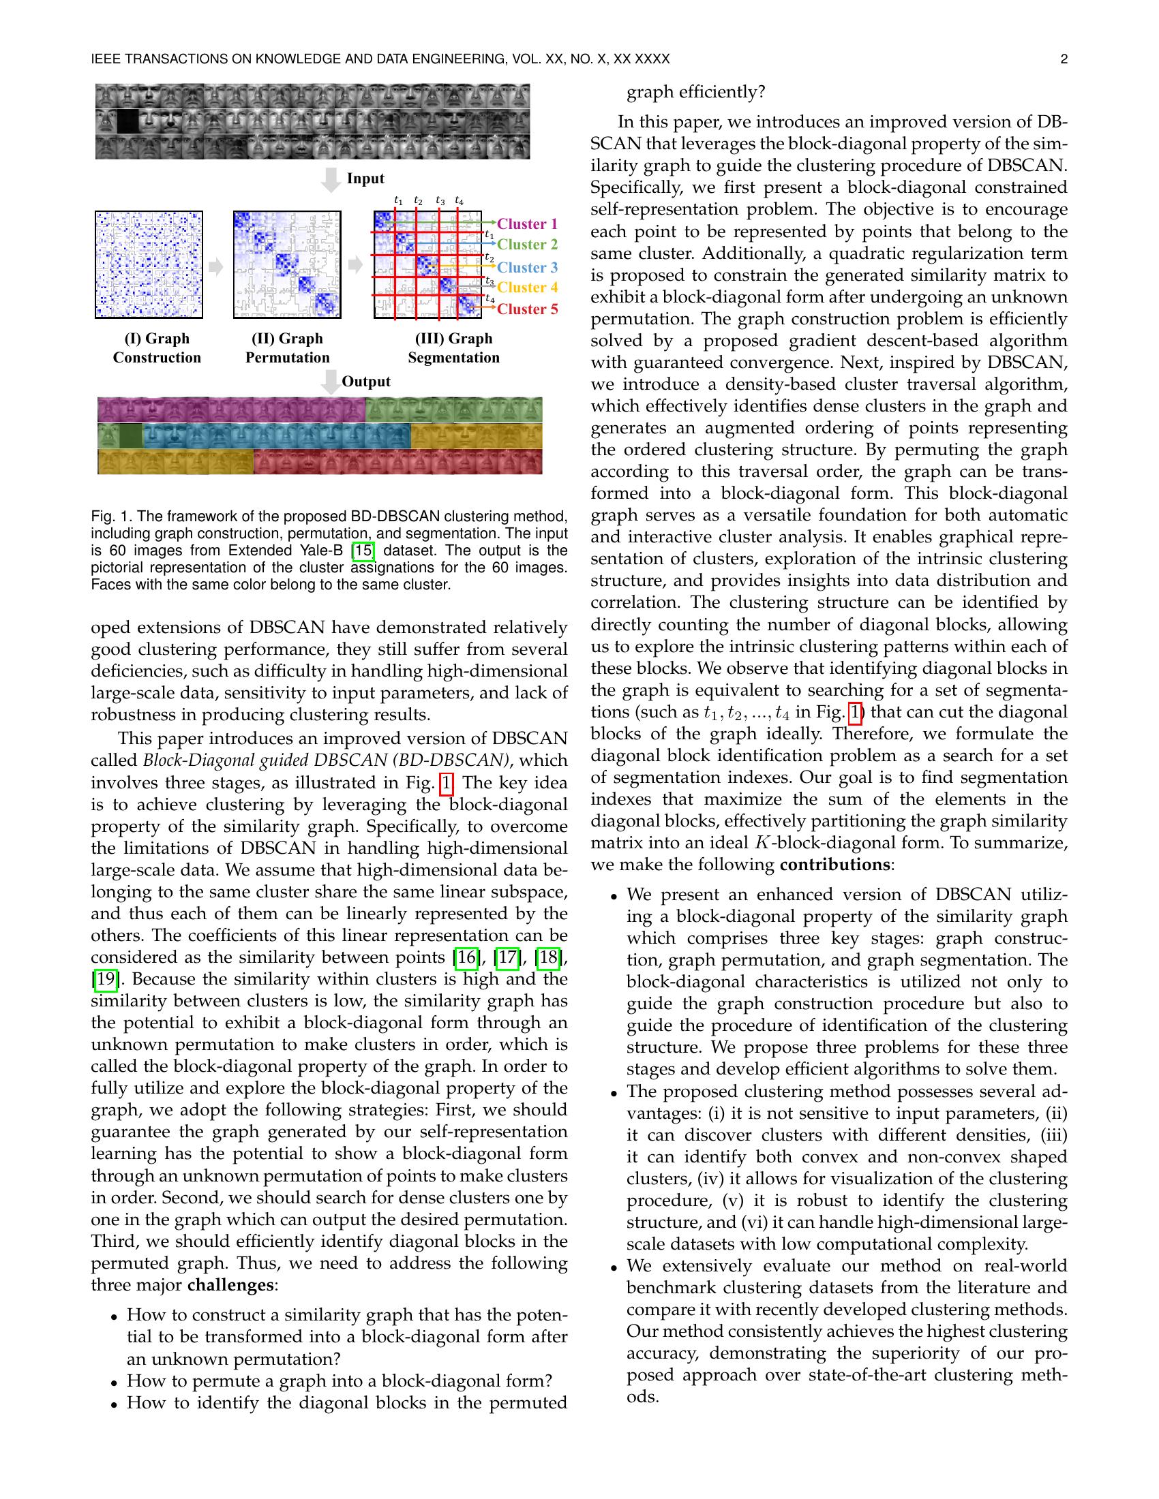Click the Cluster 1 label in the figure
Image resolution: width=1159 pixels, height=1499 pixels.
click(526, 223)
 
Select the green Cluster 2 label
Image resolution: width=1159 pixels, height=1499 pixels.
click(526, 245)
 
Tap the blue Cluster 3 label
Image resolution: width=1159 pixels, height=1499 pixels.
click(526, 267)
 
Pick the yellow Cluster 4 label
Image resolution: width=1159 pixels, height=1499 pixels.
click(526, 288)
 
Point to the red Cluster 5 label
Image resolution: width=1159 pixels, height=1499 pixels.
click(526, 309)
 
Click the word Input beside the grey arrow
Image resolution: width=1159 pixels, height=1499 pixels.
click(365, 179)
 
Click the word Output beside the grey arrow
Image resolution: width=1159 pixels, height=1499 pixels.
click(365, 382)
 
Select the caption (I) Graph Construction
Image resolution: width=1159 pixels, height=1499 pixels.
click(157, 348)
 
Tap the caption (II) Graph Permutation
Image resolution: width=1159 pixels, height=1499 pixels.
click(287, 348)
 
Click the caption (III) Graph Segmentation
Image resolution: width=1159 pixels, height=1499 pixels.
click(453, 348)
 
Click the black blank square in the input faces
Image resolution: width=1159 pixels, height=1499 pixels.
click(127, 121)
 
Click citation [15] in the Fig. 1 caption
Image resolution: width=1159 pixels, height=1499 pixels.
click(363, 551)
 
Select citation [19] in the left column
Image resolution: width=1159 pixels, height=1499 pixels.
click(105, 978)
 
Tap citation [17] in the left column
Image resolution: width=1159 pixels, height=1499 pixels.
click(507, 957)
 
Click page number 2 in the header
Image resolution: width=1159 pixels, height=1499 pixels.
click(1064, 59)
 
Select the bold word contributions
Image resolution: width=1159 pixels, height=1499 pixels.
click(834, 864)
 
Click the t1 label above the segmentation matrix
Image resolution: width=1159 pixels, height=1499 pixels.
click(398, 201)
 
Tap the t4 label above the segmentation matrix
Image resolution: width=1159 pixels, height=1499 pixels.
click(459, 201)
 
